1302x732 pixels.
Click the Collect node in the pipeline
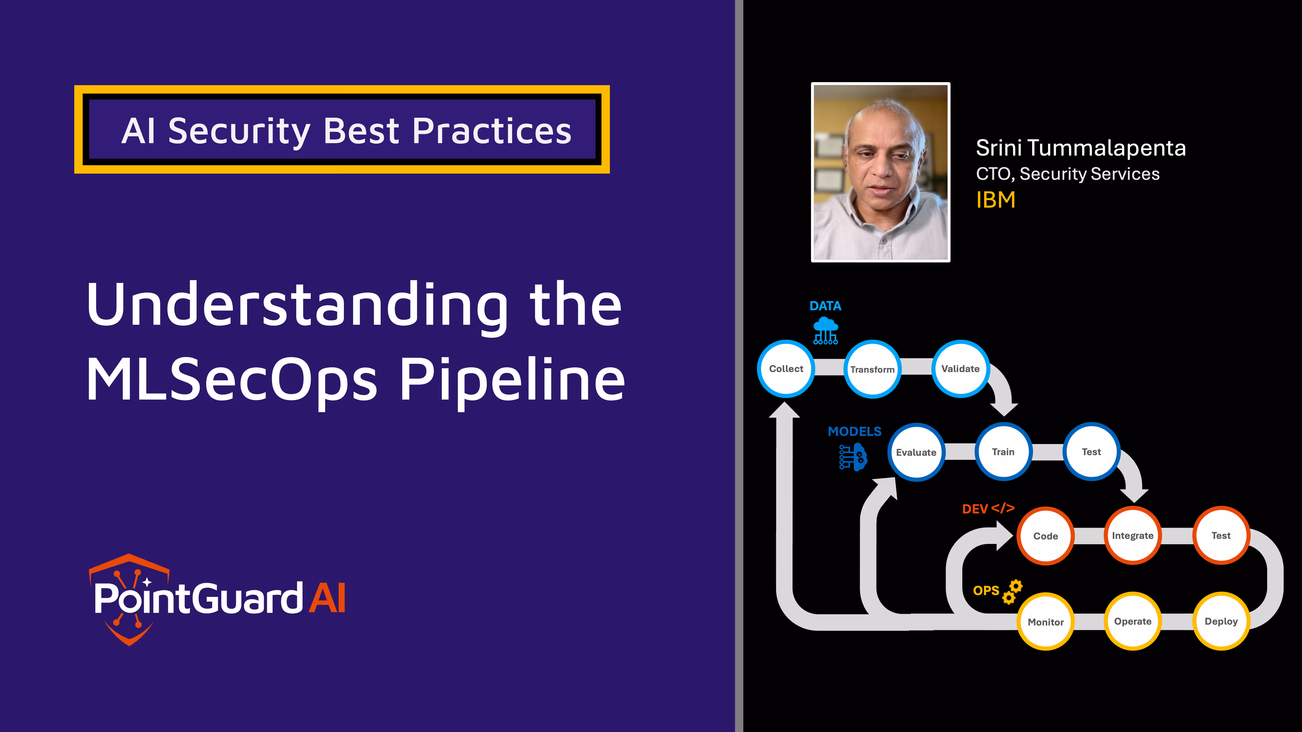[786, 369]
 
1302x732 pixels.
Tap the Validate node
[960, 369]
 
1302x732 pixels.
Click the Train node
[1003, 452]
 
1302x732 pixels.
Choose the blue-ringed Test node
[1091, 452]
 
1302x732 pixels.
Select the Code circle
[1045, 536]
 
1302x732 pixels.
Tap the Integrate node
[1133, 536]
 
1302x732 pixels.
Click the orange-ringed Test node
[1221, 536]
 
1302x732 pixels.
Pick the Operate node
[1133, 621]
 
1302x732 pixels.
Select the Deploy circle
[1221, 621]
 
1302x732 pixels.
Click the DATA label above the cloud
[825, 306]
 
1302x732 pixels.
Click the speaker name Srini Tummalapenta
[1081, 148]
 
